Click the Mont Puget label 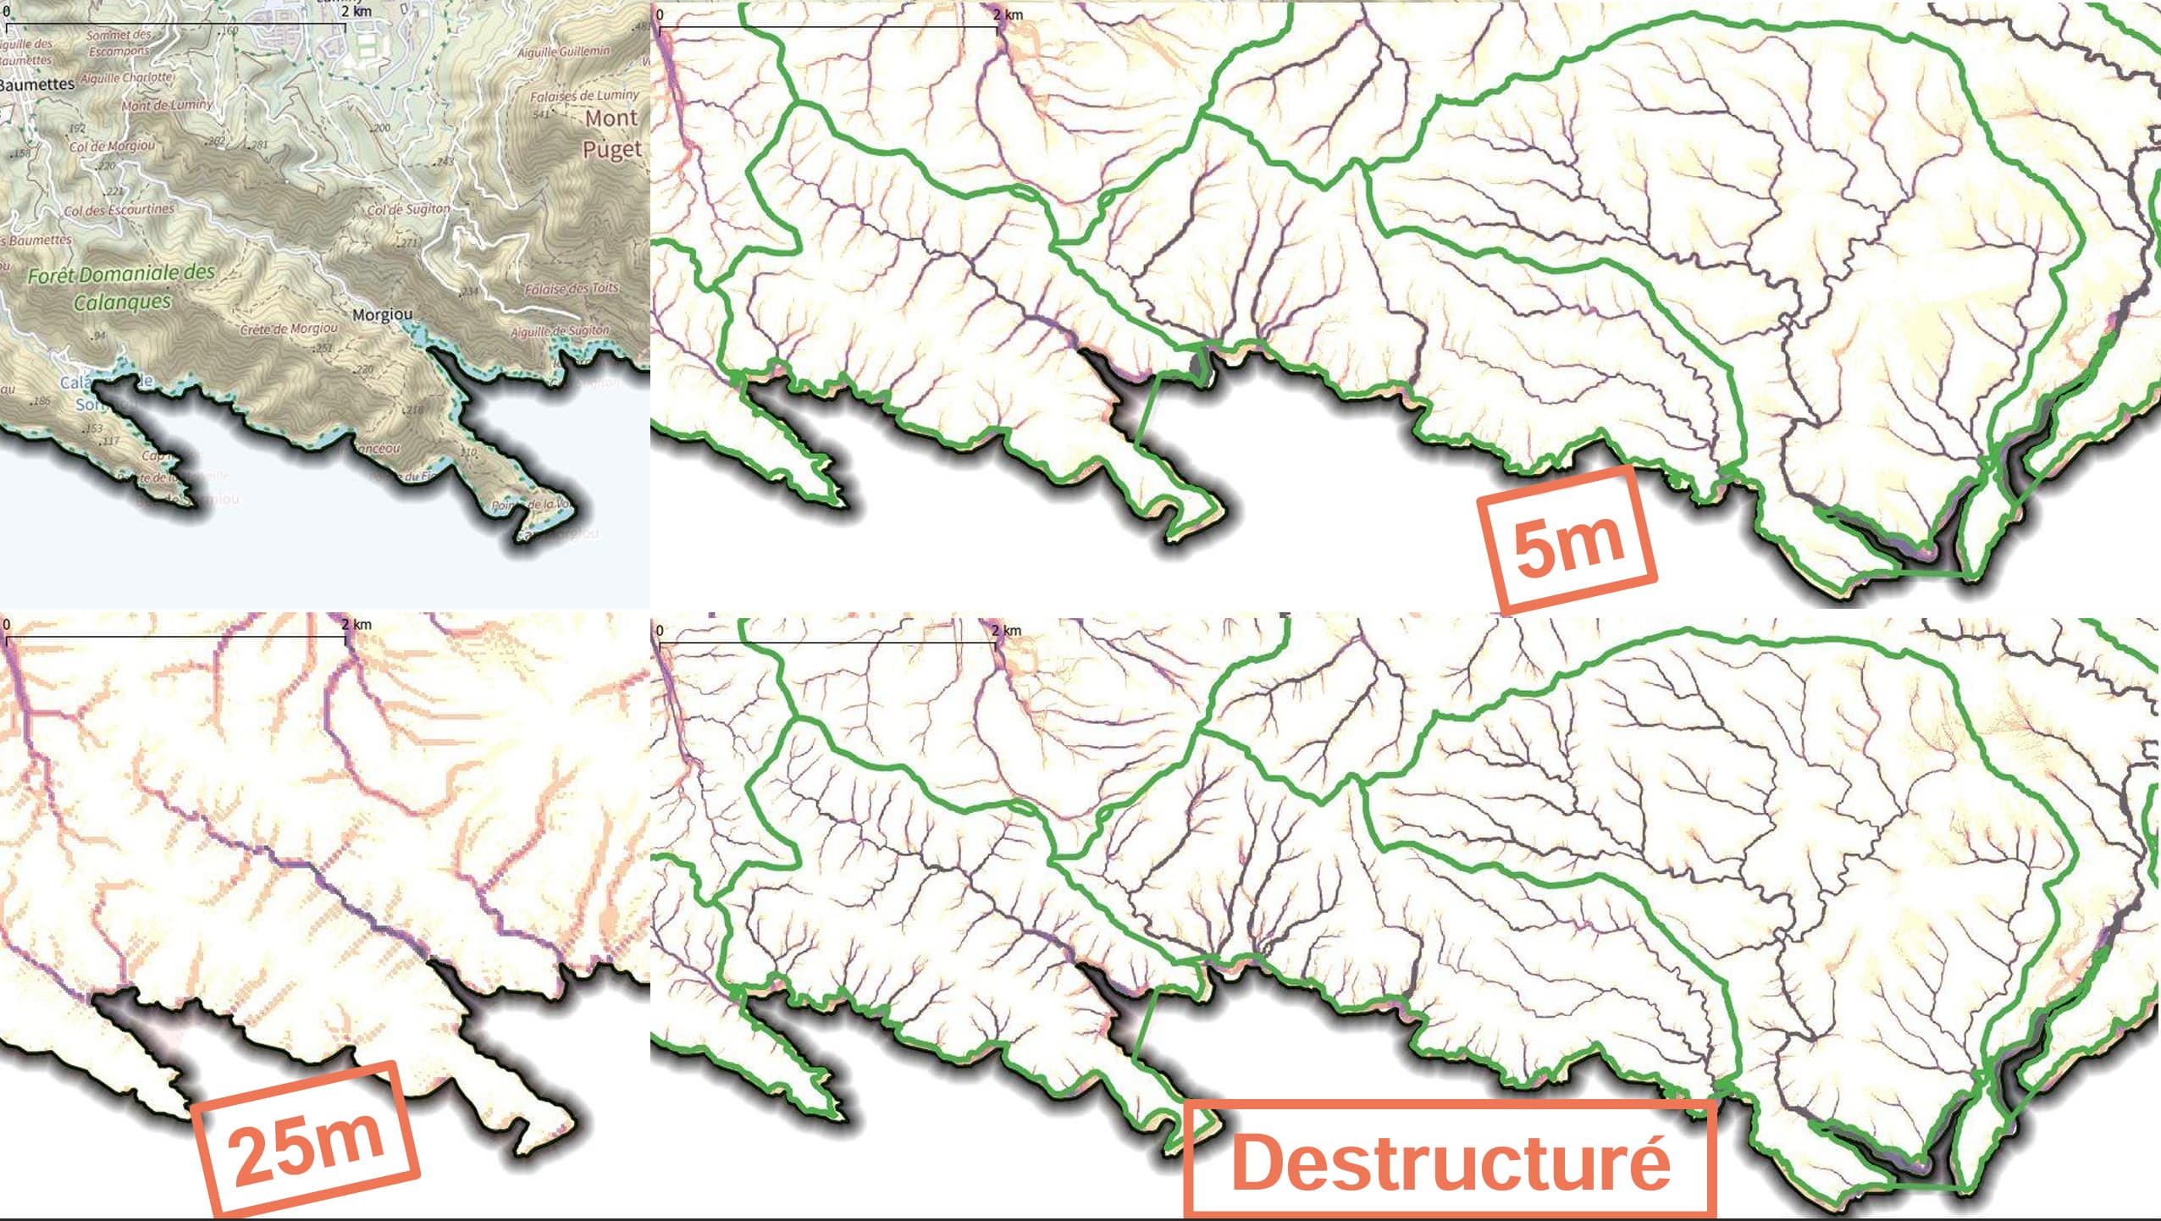[611, 134]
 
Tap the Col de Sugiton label [408, 209]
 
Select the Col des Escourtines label [119, 209]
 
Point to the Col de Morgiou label [113, 146]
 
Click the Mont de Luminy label [167, 106]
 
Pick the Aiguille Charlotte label [128, 78]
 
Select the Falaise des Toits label [572, 289]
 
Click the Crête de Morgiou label [289, 329]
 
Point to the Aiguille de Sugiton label [560, 331]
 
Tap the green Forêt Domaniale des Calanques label [121, 288]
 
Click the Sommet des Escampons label [119, 42]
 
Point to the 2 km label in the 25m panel [356, 625]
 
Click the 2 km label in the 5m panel [1008, 14]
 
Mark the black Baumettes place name [37, 84]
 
